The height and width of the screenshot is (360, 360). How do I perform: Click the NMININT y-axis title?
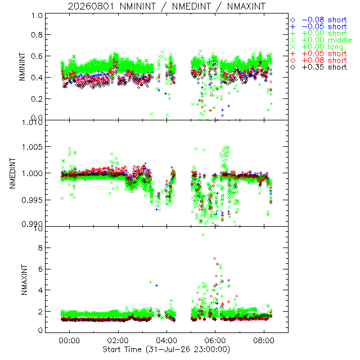click(x=22, y=66)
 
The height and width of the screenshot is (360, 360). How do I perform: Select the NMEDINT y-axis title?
click(x=12, y=173)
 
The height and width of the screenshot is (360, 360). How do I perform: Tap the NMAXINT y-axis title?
click(x=24, y=280)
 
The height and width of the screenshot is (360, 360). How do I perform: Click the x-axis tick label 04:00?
click(x=166, y=340)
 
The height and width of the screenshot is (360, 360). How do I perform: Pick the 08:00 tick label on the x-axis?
click(x=264, y=340)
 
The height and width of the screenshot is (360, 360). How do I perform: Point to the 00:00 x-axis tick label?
click(x=69, y=340)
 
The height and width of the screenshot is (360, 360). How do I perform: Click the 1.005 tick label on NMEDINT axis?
click(x=32, y=146)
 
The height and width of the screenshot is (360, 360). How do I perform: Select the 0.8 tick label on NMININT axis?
click(x=37, y=35)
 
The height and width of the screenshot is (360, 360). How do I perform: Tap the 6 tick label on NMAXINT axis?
click(x=40, y=269)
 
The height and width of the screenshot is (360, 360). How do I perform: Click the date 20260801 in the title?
click(x=91, y=6)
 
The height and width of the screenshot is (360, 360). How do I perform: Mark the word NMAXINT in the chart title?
click(x=246, y=6)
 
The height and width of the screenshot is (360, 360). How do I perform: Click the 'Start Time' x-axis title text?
click(x=122, y=349)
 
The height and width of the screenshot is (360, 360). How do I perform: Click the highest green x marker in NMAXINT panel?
click(x=203, y=235)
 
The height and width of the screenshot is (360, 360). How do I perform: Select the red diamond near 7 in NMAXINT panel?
click(x=215, y=259)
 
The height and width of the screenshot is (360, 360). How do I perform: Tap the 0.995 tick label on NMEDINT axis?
click(x=32, y=200)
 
